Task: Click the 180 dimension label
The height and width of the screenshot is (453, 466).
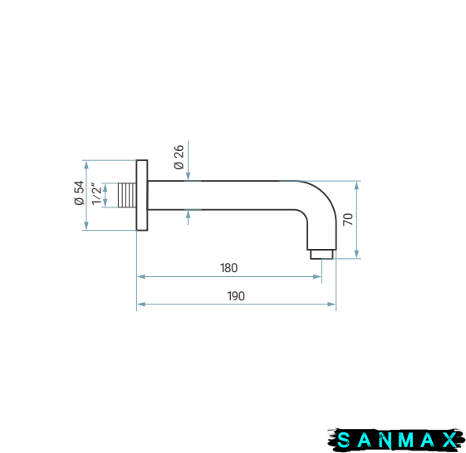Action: (228, 268)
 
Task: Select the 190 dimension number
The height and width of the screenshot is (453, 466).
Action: (236, 296)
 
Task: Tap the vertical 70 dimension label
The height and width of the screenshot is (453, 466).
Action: (348, 219)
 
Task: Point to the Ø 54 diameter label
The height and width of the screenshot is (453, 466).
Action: (79, 192)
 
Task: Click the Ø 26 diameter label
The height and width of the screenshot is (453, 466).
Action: (179, 157)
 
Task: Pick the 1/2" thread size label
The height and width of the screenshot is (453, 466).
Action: (96, 194)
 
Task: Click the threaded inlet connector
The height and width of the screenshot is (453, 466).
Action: (127, 195)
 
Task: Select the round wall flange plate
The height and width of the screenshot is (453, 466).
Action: (142, 195)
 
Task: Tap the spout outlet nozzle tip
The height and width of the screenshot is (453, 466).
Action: (321, 255)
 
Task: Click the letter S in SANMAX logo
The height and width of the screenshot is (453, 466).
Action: (344, 440)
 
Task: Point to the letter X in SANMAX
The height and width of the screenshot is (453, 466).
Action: (449, 440)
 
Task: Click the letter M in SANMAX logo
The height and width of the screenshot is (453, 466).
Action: (405, 440)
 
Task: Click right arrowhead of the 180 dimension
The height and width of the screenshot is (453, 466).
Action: (317, 276)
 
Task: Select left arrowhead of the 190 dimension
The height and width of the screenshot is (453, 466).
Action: (141, 304)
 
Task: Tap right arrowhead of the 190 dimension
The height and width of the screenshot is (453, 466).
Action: (331, 304)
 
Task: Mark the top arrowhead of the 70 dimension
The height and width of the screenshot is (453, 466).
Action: (356, 185)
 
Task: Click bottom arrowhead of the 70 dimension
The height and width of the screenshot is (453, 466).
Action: (356, 254)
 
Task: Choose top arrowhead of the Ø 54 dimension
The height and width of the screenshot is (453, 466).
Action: (86, 165)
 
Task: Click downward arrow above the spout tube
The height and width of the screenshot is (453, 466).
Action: (188, 161)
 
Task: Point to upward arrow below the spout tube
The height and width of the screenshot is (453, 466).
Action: (188, 217)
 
